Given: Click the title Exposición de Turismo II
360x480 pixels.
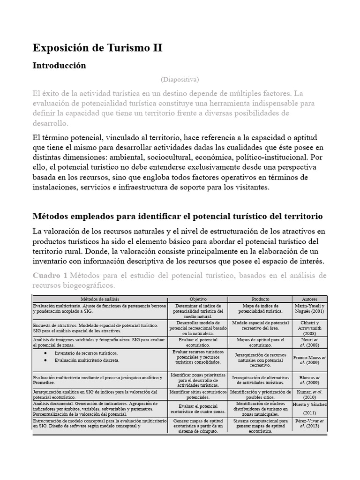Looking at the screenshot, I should tap(97, 48).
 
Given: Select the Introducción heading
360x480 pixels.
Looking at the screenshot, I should tap(59, 66).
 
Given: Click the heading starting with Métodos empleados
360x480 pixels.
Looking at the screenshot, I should tap(178, 216).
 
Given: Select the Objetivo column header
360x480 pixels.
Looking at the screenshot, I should tap(197, 299).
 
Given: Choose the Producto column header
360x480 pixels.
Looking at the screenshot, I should tap(260, 299).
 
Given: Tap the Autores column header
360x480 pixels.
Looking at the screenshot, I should tap(309, 299).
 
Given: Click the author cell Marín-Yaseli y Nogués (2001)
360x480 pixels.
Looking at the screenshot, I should tap(309, 308).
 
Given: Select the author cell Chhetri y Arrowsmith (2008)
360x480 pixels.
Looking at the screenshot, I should tap(309, 327).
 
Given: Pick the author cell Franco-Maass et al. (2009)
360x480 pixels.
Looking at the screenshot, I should tap(309, 359).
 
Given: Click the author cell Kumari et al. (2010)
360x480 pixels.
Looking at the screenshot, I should tap(309, 394).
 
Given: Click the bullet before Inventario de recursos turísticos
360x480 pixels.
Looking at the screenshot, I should tap(45, 353).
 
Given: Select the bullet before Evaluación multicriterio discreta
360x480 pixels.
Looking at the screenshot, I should tap(45, 360).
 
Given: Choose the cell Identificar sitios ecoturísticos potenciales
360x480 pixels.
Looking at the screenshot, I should tap(197, 394).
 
